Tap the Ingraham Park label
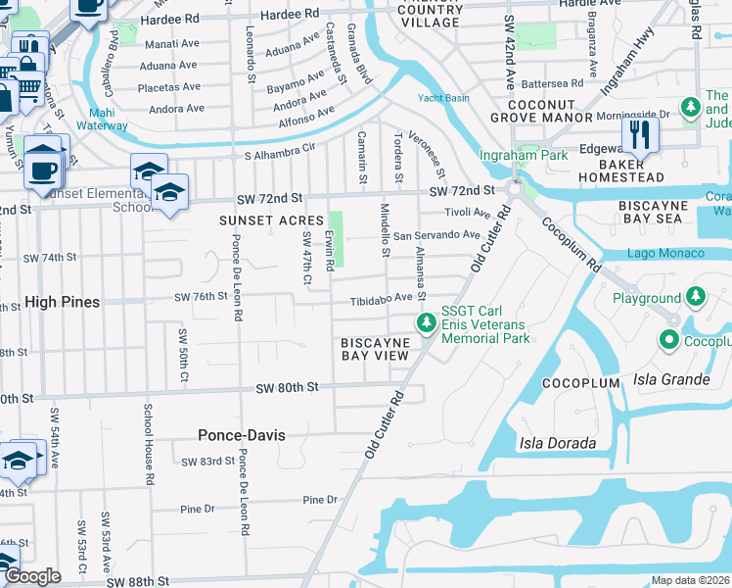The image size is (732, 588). coord(510,156)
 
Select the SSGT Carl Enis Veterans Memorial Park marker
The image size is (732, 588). coord(427,321)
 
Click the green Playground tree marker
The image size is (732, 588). coord(695,296)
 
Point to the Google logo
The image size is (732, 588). coord(32,576)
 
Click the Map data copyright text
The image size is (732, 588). coord(691,580)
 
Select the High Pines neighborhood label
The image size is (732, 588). coord(62,303)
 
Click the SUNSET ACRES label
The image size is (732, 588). coord(271,220)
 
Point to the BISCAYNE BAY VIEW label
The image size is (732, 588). coord(374,349)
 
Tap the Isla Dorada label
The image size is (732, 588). coord(558,443)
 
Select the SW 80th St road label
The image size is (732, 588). coord(288,388)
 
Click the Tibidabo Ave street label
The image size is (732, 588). coord(389,298)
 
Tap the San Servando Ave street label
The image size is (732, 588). coord(436,235)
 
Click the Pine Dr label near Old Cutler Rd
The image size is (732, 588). coord(320,500)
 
